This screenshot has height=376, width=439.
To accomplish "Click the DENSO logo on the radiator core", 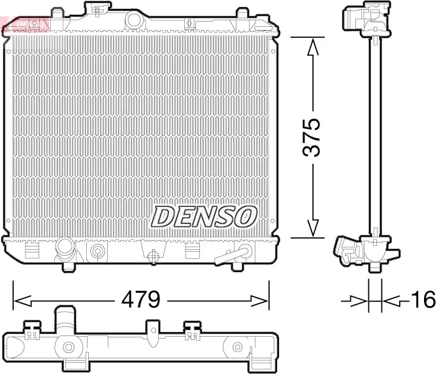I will point(204,215).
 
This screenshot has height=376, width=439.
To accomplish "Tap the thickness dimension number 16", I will point(423,300).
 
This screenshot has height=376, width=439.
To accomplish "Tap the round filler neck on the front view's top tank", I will point(98,10).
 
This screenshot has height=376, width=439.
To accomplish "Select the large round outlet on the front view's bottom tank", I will point(66,249).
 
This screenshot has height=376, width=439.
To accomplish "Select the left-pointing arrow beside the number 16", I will point(391,300).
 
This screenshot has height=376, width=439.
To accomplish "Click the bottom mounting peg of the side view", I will point(376,267).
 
